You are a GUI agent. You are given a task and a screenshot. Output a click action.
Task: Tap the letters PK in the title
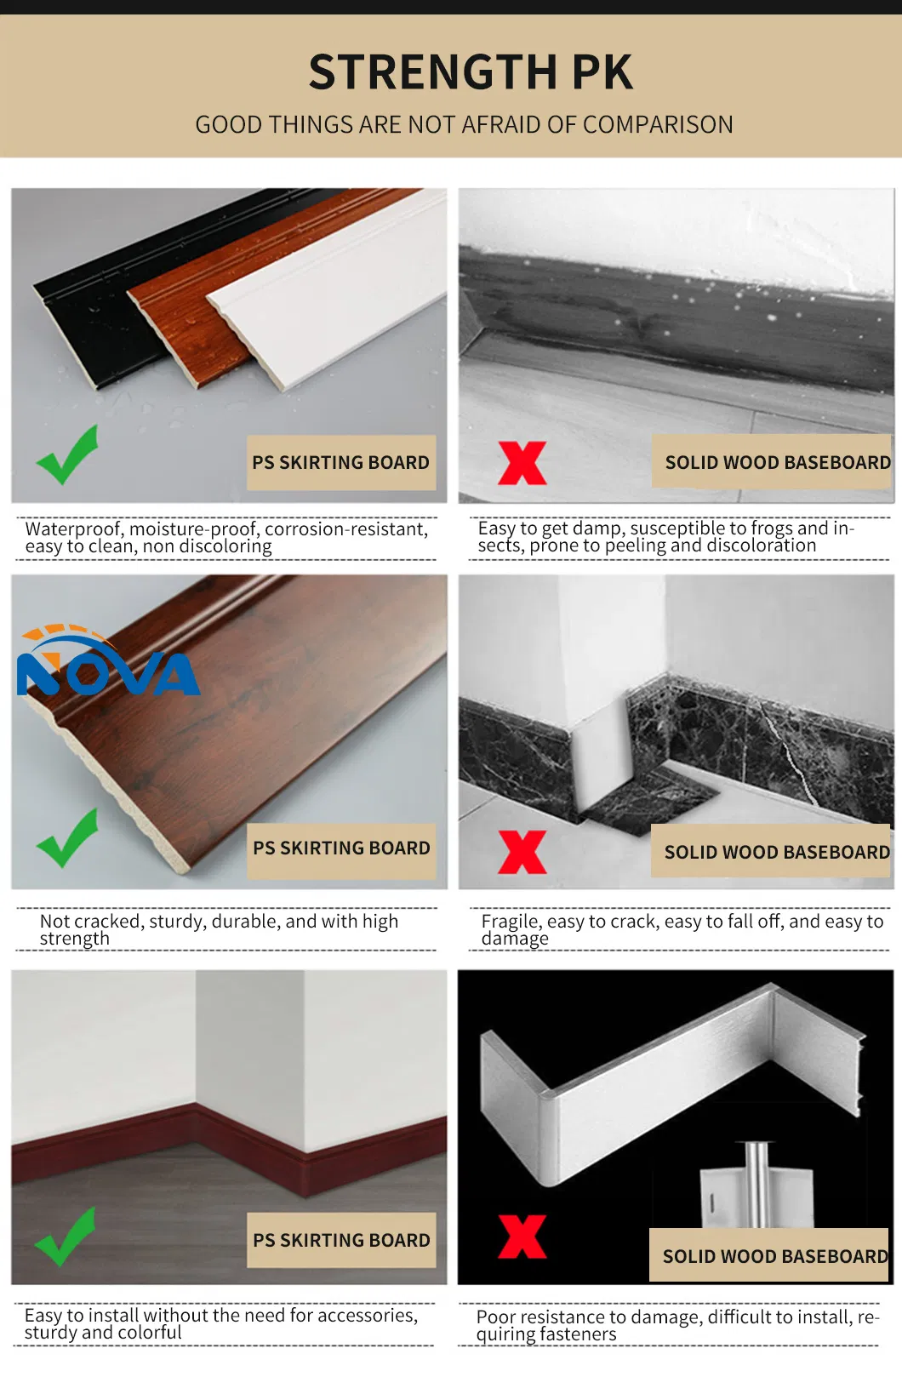pyautogui.click(x=602, y=72)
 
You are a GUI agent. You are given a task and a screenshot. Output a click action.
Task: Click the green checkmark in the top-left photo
pyautogui.click(x=67, y=455)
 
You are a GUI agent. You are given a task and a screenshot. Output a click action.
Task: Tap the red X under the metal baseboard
pyautogui.click(x=522, y=1236)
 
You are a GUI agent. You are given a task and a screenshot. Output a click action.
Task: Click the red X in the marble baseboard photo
pyautogui.click(x=522, y=852)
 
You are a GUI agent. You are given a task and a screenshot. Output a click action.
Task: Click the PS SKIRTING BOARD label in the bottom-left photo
pyautogui.click(x=341, y=1240)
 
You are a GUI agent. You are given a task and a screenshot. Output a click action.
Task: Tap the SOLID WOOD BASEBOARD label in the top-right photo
pyautogui.click(x=777, y=462)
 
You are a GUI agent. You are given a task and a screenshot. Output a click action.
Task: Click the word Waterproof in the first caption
pyautogui.click(x=73, y=529)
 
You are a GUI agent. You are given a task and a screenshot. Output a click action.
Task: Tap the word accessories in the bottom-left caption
pyautogui.click(x=366, y=1316)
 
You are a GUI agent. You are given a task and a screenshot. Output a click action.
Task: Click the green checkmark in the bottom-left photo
pyautogui.click(x=66, y=1237)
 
